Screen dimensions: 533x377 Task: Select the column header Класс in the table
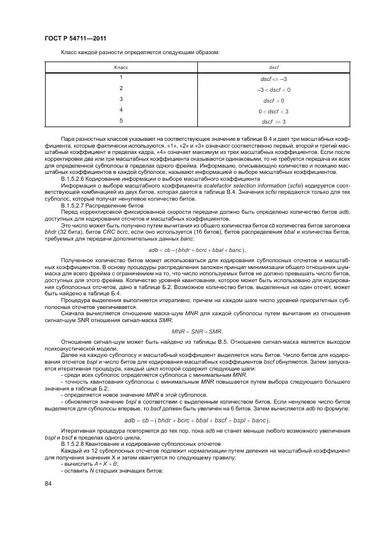[121, 67]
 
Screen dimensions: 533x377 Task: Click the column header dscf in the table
[274, 67]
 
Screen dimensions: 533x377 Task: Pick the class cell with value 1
[121, 78]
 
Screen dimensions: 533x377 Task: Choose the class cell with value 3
[121, 99]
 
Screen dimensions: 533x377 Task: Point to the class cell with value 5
[121, 120]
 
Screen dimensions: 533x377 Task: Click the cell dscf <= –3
[274, 79]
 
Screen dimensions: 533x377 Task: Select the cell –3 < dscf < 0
[274, 89]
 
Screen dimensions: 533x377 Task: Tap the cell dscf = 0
[274, 100]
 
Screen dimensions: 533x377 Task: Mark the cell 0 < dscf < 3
[274, 111]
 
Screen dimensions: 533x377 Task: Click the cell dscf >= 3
[274, 121]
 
